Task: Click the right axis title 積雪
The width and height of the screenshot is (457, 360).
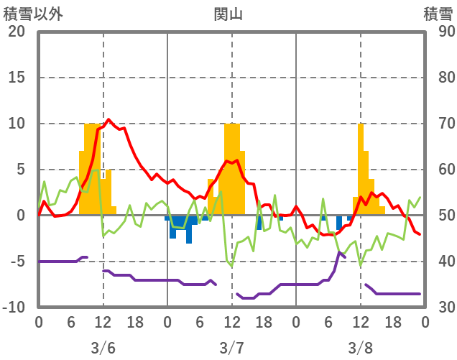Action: tap(438, 13)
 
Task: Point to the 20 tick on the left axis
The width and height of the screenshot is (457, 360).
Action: tap(17, 32)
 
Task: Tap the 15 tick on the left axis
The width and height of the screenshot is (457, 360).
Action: tap(17, 78)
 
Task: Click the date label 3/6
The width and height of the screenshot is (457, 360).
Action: tap(103, 348)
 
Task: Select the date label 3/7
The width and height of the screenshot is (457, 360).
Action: tap(231, 348)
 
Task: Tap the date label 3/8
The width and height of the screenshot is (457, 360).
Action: tap(361, 348)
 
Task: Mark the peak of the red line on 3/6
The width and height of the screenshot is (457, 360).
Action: tap(109, 119)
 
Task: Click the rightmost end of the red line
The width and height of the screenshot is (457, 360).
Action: tap(420, 234)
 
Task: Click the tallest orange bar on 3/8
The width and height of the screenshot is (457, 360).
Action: tap(361, 170)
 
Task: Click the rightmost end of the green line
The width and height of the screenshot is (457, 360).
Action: tap(420, 198)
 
